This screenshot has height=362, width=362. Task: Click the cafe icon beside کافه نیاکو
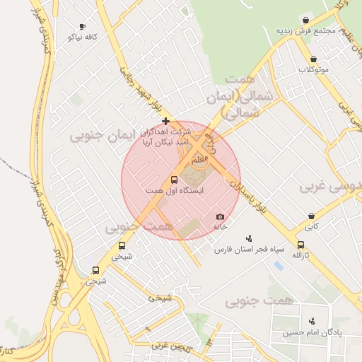[x=83, y=25]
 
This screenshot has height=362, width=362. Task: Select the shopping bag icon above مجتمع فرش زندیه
[x=305, y=20]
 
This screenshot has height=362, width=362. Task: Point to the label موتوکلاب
[x=314, y=69]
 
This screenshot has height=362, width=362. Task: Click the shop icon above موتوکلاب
[x=313, y=59]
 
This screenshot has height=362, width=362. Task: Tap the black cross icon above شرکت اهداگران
[x=165, y=121]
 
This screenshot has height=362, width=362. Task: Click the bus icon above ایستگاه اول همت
[x=175, y=180]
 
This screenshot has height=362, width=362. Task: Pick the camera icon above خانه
[x=220, y=216]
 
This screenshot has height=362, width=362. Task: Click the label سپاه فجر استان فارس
[x=250, y=250]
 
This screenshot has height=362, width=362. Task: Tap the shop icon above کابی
[x=311, y=216]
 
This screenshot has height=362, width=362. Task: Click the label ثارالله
[x=301, y=255]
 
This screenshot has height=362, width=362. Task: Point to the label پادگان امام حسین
[x=312, y=332]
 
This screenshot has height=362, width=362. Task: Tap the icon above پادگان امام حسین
[x=312, y=321]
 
